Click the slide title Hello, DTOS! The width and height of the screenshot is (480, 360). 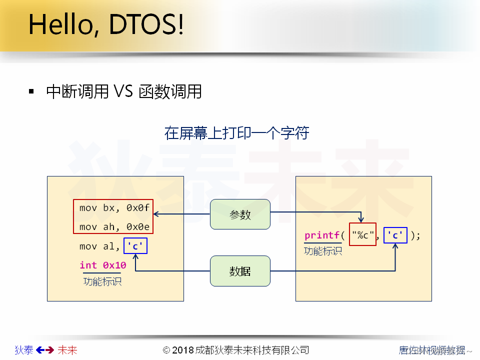[x=105, y=25]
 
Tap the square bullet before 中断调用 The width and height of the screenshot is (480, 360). [x=32, y=91]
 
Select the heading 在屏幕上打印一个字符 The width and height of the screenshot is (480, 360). [x=236, y=133]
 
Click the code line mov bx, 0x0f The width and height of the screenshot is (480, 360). [x=114, y=207]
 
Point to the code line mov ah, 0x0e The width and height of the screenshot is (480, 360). [x=114, y=227]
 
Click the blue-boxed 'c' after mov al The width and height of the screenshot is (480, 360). [x=135, y=246]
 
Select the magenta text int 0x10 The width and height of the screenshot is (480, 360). [x=103, y=265]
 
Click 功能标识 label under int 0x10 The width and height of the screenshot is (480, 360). [x=102, y=281]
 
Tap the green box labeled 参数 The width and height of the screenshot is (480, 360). [x=240, y=214]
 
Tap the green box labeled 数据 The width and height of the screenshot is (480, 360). [x=240, y=271]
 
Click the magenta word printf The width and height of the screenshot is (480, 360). [x=322, y=235]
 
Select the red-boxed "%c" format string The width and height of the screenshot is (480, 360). [x=362, y=235]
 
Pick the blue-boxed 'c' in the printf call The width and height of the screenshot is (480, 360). [x=395, y=235]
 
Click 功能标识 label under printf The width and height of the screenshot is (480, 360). [x=323, y=251]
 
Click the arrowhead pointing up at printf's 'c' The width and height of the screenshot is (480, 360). [x=395, y=246]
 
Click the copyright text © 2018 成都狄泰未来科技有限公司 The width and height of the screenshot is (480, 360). [x=236, y=350]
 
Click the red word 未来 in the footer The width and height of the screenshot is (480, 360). [x=67, y=350]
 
